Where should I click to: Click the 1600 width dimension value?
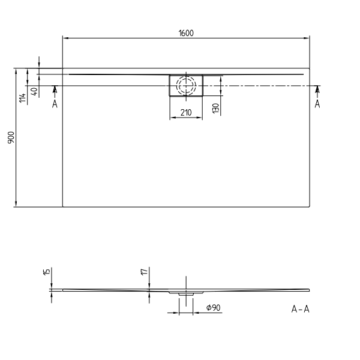(186, 34)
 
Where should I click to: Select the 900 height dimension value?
(10, 138)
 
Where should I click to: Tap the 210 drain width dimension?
(186, 112)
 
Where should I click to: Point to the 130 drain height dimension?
(215, 108)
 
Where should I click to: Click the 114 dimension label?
(23, 98)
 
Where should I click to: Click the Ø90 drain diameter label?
(214, 308)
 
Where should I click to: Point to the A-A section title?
(300, 309)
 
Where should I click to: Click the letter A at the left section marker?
(55, 104)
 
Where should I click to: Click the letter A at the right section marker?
(317, 104)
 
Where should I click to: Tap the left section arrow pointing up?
(55, 90)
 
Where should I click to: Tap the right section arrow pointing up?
(317, 90)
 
